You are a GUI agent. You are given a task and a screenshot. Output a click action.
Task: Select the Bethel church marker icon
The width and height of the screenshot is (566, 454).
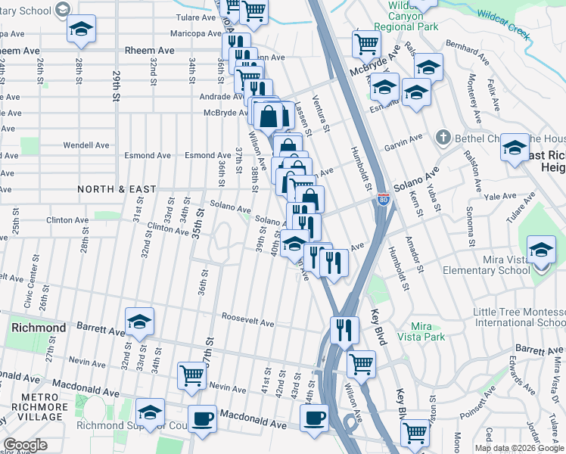[443, 138]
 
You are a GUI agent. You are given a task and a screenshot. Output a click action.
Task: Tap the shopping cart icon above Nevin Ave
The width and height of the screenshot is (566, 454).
[192, 374]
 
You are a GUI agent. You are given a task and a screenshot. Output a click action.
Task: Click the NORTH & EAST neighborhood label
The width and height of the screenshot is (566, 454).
[116, 189]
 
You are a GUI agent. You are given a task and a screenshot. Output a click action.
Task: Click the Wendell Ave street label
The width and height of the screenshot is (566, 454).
[86, 145]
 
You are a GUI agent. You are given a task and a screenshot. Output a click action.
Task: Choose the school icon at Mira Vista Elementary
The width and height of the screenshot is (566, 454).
[542, 249]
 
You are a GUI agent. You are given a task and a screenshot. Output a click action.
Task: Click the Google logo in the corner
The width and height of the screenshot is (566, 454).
[25, 446]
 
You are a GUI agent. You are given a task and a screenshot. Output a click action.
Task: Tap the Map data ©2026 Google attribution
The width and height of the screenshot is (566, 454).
[519, 448]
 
